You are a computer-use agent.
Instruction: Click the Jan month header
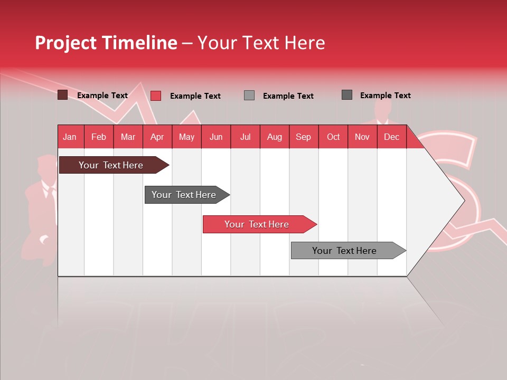point(70,137)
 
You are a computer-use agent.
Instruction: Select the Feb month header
point(99,137)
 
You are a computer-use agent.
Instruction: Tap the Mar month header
point(128,137)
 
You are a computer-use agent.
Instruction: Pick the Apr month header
point(157,137)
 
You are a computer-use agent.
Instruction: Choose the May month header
point(186,137)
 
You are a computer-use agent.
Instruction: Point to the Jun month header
point(216,137)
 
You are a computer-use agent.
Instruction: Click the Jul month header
point(245,137)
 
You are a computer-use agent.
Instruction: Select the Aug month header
point(274,137)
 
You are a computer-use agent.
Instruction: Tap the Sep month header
point(303,137)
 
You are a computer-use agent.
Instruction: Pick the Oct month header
point(333,137)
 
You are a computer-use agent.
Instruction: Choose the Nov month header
point(362,137)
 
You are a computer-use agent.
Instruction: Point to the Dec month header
point(391,137)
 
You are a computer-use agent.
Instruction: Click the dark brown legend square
point(63,95)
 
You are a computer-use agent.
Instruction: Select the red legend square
point(156,96)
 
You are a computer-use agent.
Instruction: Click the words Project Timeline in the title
point(106,43)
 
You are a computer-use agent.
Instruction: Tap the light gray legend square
point(249,96)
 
